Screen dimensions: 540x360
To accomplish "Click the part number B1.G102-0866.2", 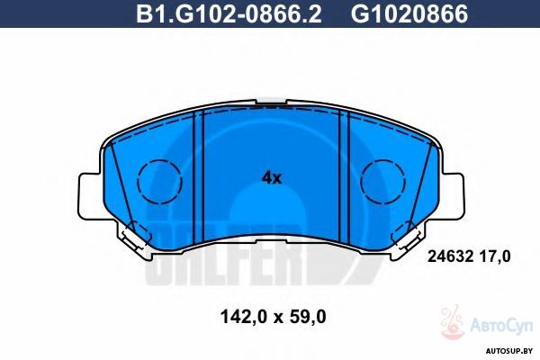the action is pyautogui.click(x=229, y=13).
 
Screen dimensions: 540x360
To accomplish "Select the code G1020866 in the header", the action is pyautogui.click(x=409, y=13).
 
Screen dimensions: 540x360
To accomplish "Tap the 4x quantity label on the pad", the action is pyautogui.click(x=272, y=178).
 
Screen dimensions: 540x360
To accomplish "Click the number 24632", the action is pyautogui.click(x=450, y=256).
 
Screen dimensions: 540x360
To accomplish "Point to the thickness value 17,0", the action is pyautogui.click(x=494, y=256).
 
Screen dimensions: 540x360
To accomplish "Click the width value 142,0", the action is pyautogui.click(x=243, y=317).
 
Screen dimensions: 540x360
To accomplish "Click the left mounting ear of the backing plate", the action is pyautogui.click(x=90, y=196).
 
